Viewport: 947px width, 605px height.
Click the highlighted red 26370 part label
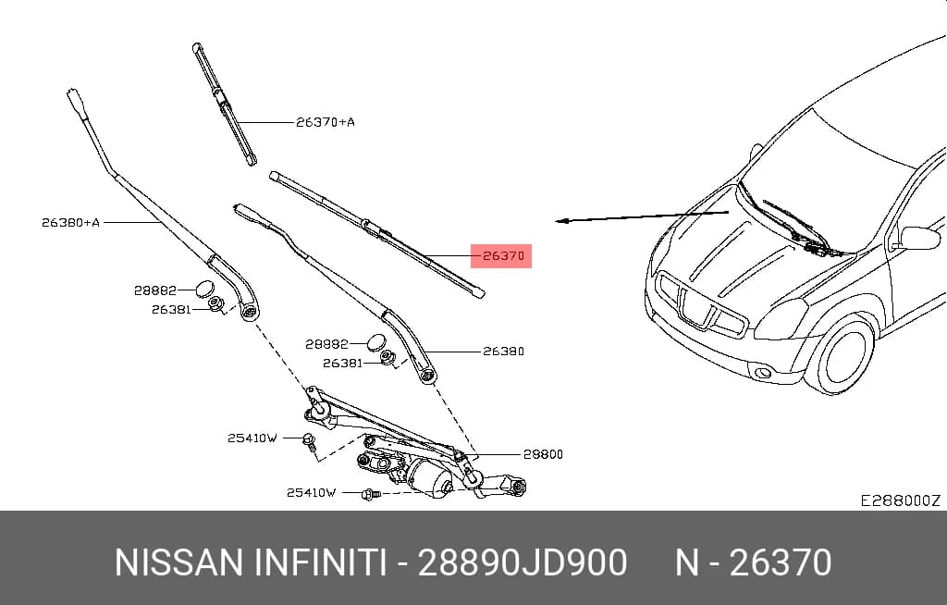click(501, 255)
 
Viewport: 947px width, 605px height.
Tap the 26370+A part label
click(326, 122)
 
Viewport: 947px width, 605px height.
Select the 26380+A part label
click(70, 222)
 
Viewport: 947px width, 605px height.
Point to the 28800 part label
click(542, 454)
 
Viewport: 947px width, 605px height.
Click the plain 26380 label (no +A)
click(504, 352)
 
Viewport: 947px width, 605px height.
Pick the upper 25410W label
click(252, 438)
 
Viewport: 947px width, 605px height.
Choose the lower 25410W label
click(311, 492)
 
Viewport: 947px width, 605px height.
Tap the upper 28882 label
click(155, 290)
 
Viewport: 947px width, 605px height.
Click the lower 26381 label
click(342, 363)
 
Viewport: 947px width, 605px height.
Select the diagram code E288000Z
click(901, 500)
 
